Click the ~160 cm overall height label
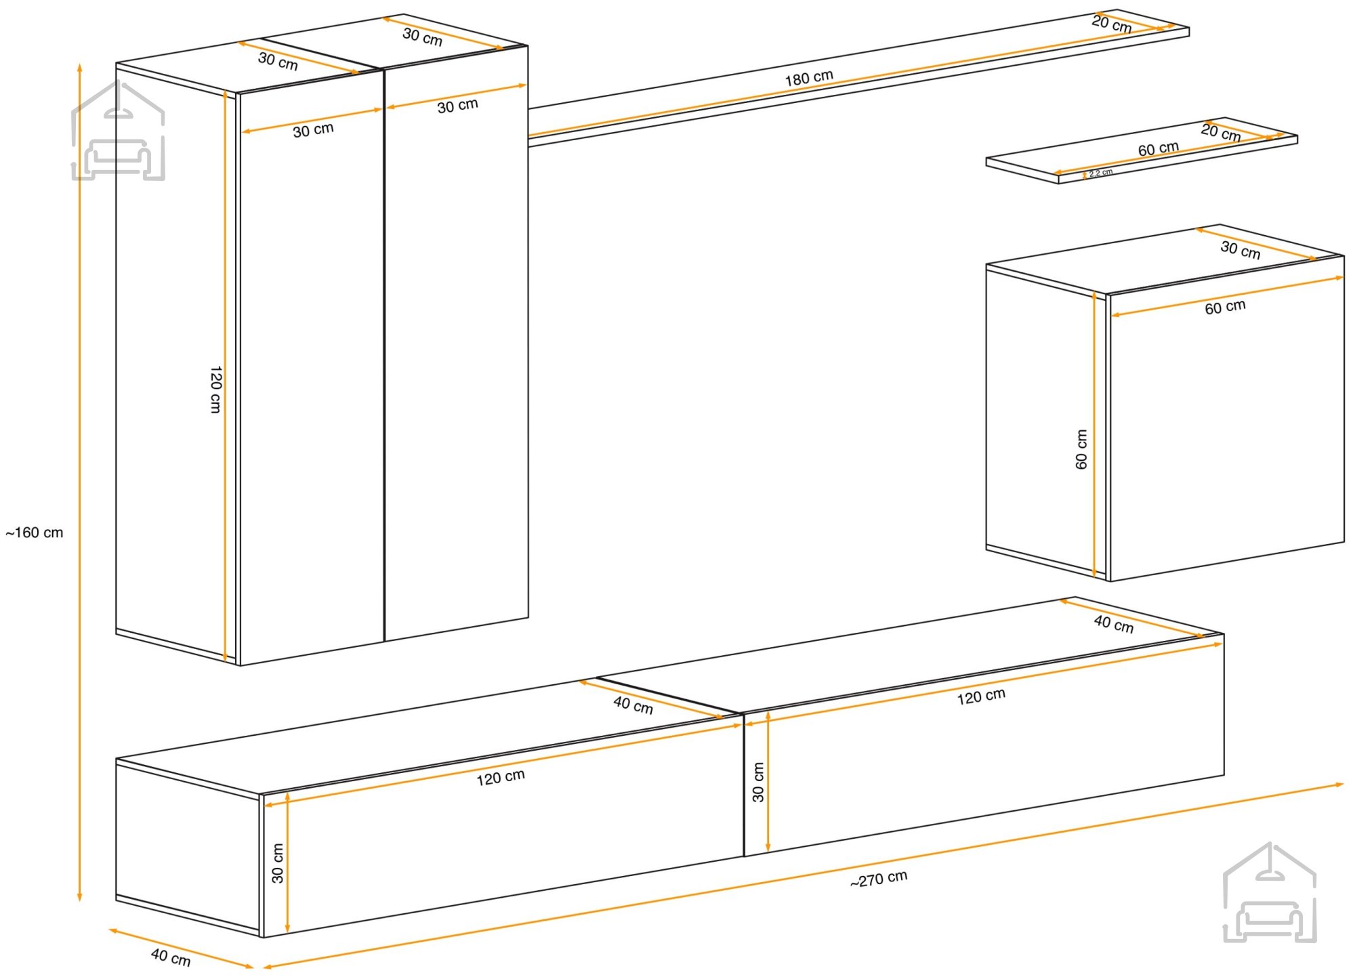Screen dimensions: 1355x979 (x=35, y=533)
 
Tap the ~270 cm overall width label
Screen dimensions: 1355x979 (x=879, y=879)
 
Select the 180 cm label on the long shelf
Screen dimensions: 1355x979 (x=809, y=78)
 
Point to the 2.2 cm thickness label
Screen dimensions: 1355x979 (x=1101, y=173)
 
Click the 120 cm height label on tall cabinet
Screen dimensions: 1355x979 (x=215, y=390)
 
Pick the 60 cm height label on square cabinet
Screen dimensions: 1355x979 (x=1081, y=449)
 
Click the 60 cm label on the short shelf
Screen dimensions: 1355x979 (x=1159, y=149)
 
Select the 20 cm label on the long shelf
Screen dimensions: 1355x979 (x=1112, y=24)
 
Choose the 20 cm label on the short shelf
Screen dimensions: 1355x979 (x=1221, y=132)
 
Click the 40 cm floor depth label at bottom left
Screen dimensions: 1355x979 (x=171, y=957)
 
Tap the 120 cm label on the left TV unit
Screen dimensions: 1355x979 (x=501, y=777)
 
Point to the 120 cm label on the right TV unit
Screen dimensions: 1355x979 (x=981, y=696)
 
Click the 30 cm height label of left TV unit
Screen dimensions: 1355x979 (x=277, y=863)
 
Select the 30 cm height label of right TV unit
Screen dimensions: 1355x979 (x=758, y=782)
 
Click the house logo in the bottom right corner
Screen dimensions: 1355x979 (x=1270, y=892)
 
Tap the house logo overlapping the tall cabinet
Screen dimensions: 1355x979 (x=119, y=131)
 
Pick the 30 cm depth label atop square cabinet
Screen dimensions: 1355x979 (x=1241, y=250)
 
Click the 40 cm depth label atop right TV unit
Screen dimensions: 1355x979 (x=1114, y=624)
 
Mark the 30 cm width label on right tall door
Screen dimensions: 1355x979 (x=457, y=106)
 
